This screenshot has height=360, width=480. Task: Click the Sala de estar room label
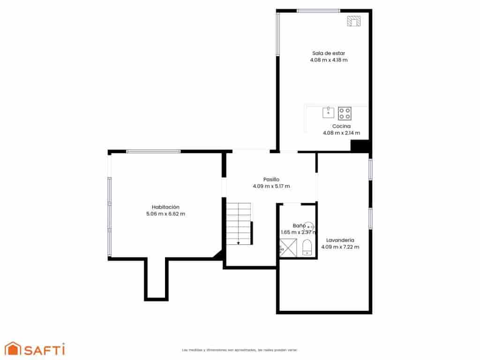tap(329, 53)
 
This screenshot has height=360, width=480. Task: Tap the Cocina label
tap(341, 126)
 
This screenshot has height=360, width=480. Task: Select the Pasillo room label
tap(271, 179)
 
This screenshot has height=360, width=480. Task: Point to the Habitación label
tap(165, 207)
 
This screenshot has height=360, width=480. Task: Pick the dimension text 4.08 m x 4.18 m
tap(329, 60)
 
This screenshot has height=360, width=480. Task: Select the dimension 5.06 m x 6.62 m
tap(165, 214)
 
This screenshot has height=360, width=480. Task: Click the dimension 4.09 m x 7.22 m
tap(340, 247)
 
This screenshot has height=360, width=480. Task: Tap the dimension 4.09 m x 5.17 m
tap(271, 186)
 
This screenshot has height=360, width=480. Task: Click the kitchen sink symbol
tap(328, 112)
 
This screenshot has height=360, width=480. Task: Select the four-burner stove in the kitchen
tap(345, 113)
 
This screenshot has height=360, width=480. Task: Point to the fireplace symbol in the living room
tap(353, 21)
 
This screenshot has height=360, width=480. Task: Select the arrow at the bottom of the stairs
tap(239, 242)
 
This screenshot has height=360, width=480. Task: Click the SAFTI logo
tap(35, 349)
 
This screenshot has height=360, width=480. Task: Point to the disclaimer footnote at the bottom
tap(240, 350)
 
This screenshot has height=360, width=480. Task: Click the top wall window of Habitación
tap(153, 151)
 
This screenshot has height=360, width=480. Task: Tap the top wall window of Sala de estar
tap(318, 11)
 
